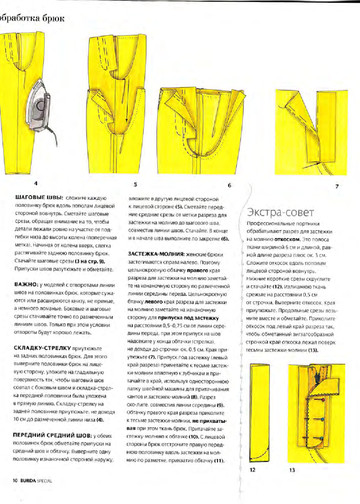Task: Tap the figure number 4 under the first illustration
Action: tap(36, 185)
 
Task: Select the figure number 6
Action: tap(230, 186)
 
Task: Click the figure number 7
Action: tap(336, 186)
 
